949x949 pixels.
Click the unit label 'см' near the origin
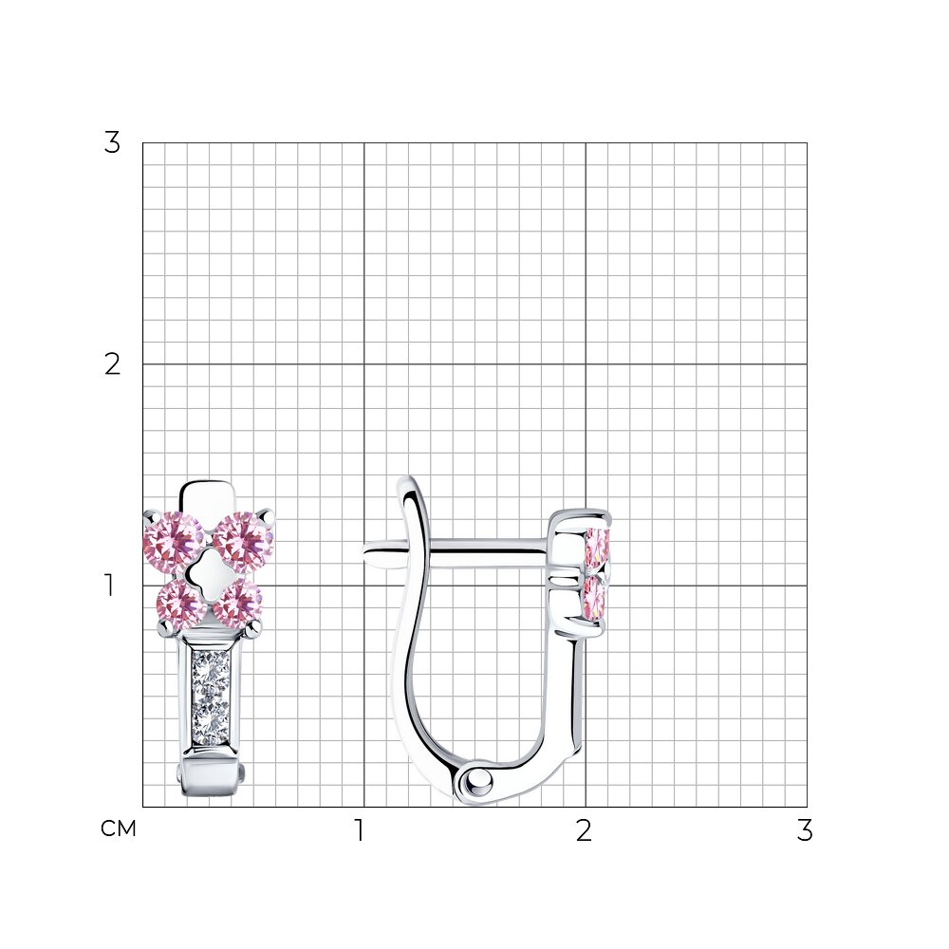(x=119, y=828)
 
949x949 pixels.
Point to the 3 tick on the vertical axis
(x=112, y=143)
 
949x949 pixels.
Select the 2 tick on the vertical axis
(x=113, y=364)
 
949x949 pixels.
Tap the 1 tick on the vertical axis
(x=109, y=586)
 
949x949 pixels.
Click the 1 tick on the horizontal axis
(x=360, y=830)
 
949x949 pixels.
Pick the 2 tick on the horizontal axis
(x=584, y=830)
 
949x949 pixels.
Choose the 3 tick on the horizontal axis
(x=805, y=830)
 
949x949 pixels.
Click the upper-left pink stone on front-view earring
(x=174, y=542)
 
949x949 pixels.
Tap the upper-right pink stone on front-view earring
(x=243, y=542)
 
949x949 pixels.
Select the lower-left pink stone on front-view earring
(x=181, y=603)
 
